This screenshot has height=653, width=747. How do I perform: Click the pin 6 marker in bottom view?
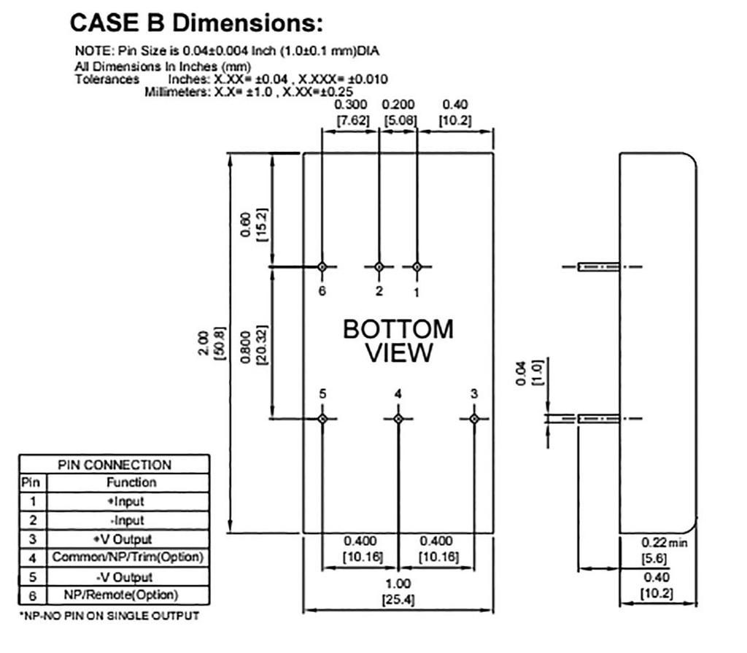pyautogui.click(x=322, y=267)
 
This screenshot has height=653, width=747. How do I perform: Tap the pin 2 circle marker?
pyautogui.click(x=379, y=267)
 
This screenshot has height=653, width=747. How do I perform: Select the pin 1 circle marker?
pyautogui.click(x=417, y=267)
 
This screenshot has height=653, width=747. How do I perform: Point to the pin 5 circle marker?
pyautogui.click(x=322, y=419)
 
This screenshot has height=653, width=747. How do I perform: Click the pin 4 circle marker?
pyautogui.click(x=398, y=419)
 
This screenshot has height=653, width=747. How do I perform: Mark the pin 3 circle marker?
pyautogui.click(x=473, y=419)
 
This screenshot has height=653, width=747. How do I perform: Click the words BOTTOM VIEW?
pyautogui.click(x=398, y=341)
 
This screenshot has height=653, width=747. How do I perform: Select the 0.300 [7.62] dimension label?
pyautogui.click(x=352, y=112)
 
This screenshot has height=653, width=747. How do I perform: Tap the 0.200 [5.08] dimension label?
pyautogui.click(x=398, y=112)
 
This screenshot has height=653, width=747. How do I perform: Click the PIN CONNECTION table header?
pyautogui.click(x=115, y=464)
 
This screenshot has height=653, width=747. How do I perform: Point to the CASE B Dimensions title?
pyautogui.click(x=196, y=23)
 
